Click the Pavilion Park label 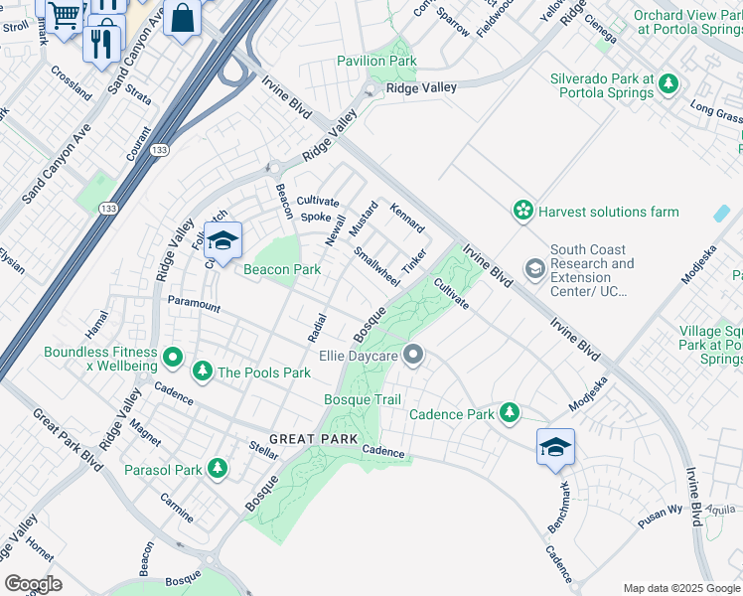tap(376, 61)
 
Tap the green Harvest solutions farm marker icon tap(522, 211)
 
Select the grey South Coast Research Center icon tap(534, 270)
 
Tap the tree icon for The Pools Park tap(203, 372)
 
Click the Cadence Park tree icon tap(510, 412)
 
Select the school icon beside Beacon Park tap(223, 241)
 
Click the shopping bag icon tap(183, 18)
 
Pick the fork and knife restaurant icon tap(101, 44)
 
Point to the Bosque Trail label tap(363, 399)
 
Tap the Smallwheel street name tap(377, 267)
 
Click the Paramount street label tap(194, 304)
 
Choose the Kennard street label tap(407, 219)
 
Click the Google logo tap(33, 584)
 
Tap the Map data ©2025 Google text tap(680, 588)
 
